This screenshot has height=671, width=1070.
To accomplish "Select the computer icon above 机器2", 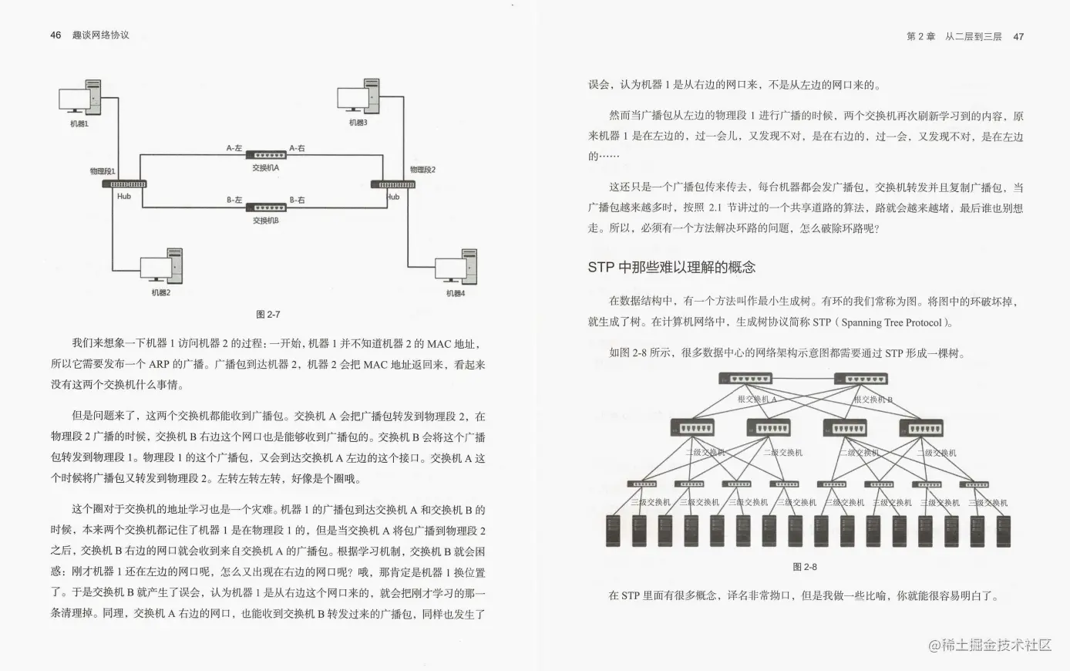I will click(161, 266).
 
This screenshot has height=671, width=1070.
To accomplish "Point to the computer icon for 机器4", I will click(456, 267).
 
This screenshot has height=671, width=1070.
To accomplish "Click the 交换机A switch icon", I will click(266, 156).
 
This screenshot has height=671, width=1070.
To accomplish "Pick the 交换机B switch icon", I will click(266, 207).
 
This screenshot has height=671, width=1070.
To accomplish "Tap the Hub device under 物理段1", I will click(128, 184).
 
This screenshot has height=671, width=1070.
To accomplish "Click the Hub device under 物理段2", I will click(393, 184).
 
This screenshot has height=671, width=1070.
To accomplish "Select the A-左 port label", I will click(234, 148).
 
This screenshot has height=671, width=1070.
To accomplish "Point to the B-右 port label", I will click(297, 200).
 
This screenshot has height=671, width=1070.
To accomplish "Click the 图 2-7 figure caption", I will click(267, 314).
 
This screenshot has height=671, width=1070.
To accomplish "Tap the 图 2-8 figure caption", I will click(805, 567).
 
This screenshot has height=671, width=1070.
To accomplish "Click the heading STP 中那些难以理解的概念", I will click(671, 268).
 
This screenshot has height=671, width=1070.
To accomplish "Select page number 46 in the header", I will click(56, 35).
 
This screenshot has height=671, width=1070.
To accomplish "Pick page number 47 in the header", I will click(1018, 36).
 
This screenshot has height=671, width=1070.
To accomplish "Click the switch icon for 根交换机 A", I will click(745, 379).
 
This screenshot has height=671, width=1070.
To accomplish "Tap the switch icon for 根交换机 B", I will click(861, 379).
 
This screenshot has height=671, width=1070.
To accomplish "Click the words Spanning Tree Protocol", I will click(891, 322).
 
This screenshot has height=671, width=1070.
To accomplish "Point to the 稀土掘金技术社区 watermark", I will click(990, 645).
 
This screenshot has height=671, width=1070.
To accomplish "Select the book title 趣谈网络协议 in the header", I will click(100, 35).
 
